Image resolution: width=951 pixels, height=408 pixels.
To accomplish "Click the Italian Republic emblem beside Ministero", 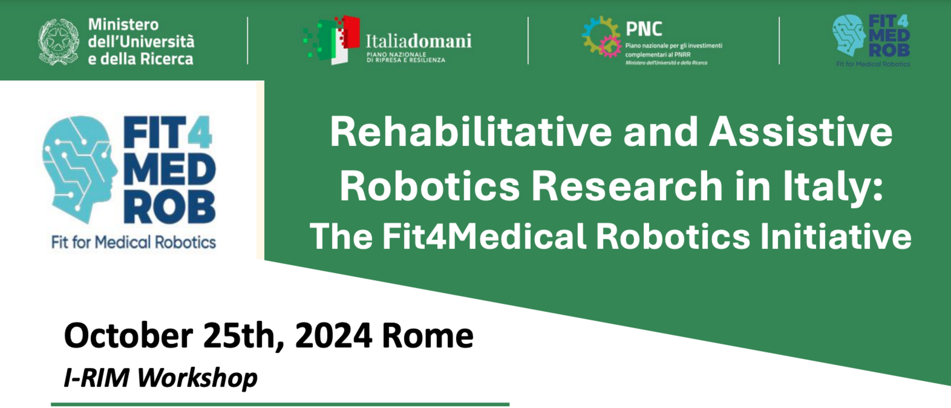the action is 59,42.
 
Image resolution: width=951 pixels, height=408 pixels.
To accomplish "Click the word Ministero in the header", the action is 123,25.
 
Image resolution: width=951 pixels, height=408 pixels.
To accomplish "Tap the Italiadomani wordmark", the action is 419,41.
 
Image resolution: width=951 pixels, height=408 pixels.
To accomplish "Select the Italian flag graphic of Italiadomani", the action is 332,40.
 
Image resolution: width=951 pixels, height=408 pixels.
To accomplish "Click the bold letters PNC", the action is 644,29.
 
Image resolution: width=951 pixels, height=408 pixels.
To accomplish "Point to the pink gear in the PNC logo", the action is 610,46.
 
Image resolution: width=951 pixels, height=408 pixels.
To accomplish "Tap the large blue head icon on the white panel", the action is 80,169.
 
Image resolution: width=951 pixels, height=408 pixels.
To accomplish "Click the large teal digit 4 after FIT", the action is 199,132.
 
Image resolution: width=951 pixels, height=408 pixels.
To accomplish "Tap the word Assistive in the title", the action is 801,133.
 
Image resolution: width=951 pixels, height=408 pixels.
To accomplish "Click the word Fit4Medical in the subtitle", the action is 484,237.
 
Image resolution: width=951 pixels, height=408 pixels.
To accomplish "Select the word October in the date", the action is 129,336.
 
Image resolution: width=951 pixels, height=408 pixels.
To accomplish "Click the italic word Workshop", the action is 197,378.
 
